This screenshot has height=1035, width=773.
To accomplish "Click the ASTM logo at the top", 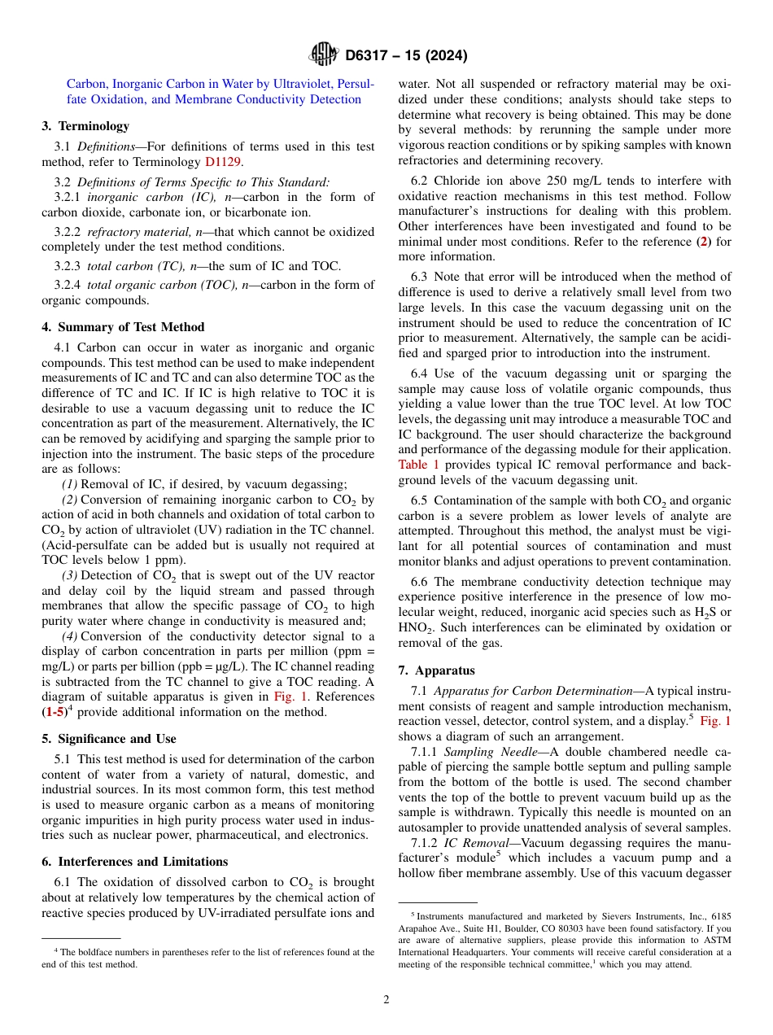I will pos(324,55).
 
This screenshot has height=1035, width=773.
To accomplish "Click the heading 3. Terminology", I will pos(85,126).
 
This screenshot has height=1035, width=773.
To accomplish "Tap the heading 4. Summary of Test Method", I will pos(123,327).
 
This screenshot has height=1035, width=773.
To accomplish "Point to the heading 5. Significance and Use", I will pos(108,739).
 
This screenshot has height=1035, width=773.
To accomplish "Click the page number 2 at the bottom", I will pos(386,1000).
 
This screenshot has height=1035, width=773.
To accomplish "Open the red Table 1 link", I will pos(418,465).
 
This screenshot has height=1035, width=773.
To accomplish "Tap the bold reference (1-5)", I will pos(58,713).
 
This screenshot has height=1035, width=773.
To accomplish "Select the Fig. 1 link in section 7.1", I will pos(716,722).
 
